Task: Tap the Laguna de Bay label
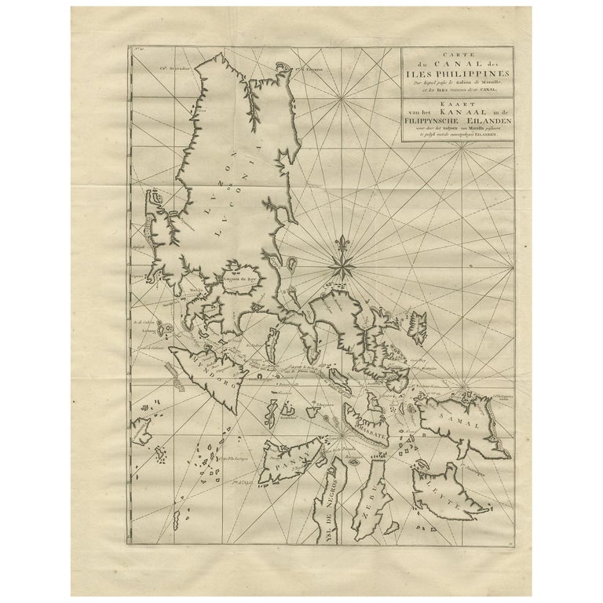(x=242, y=277)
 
